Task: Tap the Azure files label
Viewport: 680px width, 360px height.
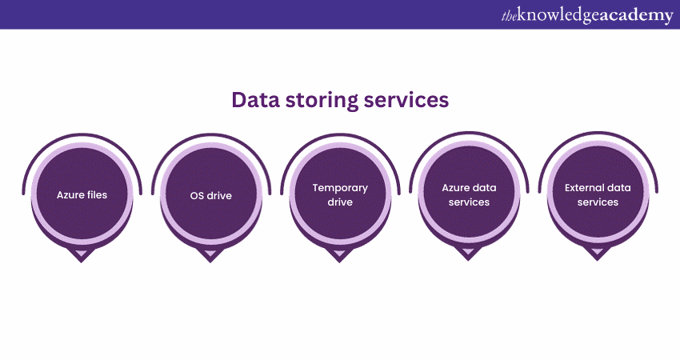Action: tap(82, 194)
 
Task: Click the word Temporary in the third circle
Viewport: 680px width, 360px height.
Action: tap(340, 188)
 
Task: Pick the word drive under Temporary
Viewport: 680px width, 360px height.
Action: tap(340, 202)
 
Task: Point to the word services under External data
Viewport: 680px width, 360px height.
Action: tap(598, 202)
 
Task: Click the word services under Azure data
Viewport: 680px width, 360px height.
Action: tap(469, 202)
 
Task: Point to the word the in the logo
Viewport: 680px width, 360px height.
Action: tap(509, 14)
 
